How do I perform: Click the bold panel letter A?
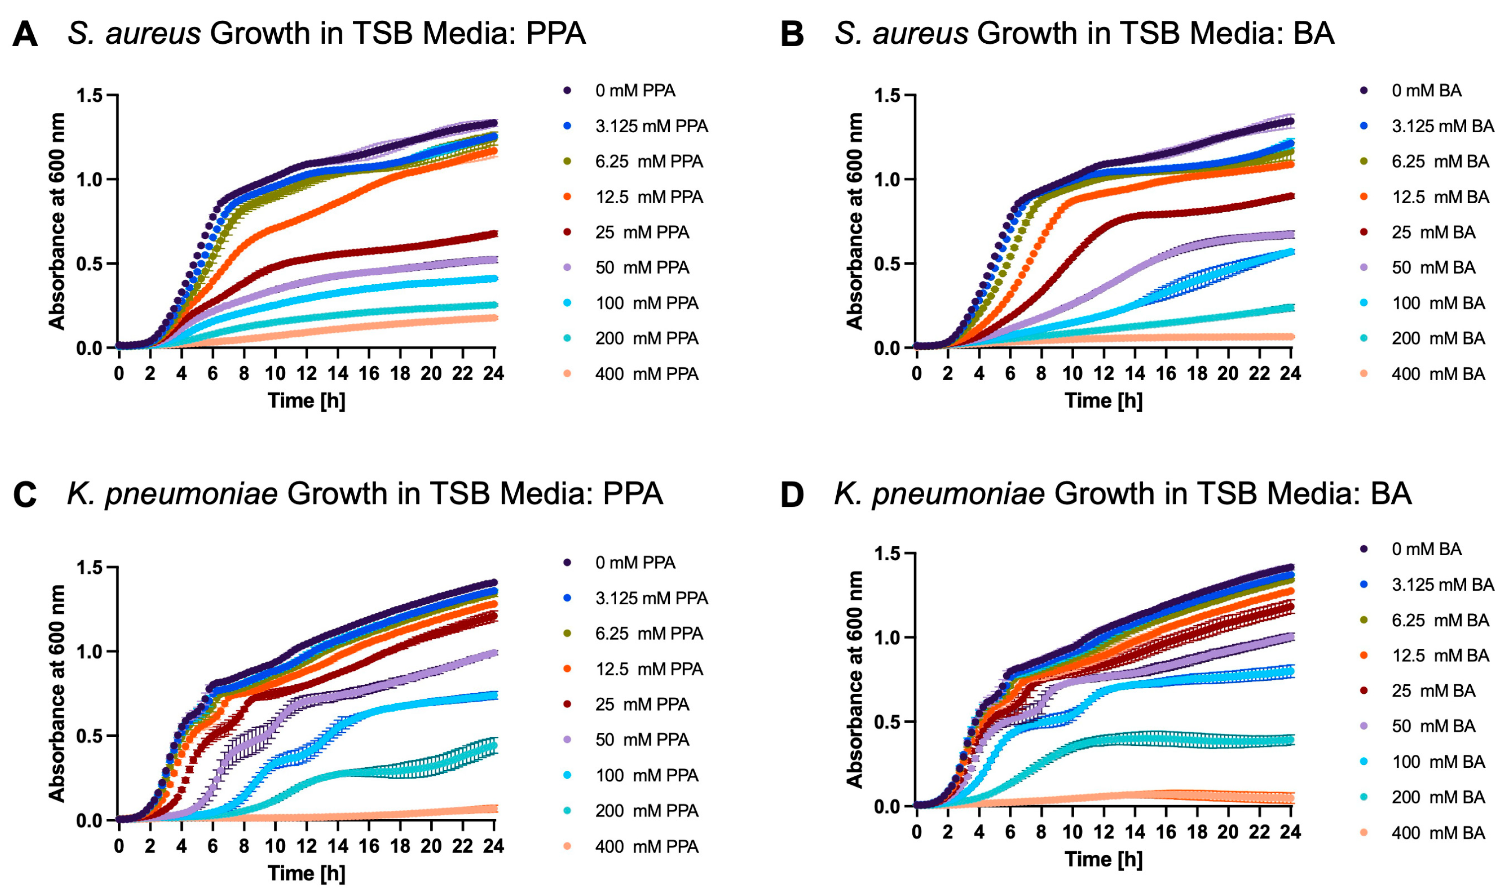(x=25, y=34)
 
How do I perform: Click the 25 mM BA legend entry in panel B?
(x=1433, y=233)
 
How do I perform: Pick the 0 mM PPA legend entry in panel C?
(x=635, y=563)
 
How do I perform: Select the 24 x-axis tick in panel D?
(x=1290, y=832)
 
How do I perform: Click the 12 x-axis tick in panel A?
(x=307, y=374)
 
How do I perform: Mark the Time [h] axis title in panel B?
(x=1104, y=401)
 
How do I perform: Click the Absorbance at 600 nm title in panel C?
(x=57, y=693)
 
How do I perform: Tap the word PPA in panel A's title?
(x=556, y=33)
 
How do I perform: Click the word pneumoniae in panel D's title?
(x=958, y=494)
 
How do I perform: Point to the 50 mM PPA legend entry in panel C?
(x=642, y=740)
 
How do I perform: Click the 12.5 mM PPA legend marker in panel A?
(x=567, y=197)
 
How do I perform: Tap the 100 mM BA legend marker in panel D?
(x=1363, y=761)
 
